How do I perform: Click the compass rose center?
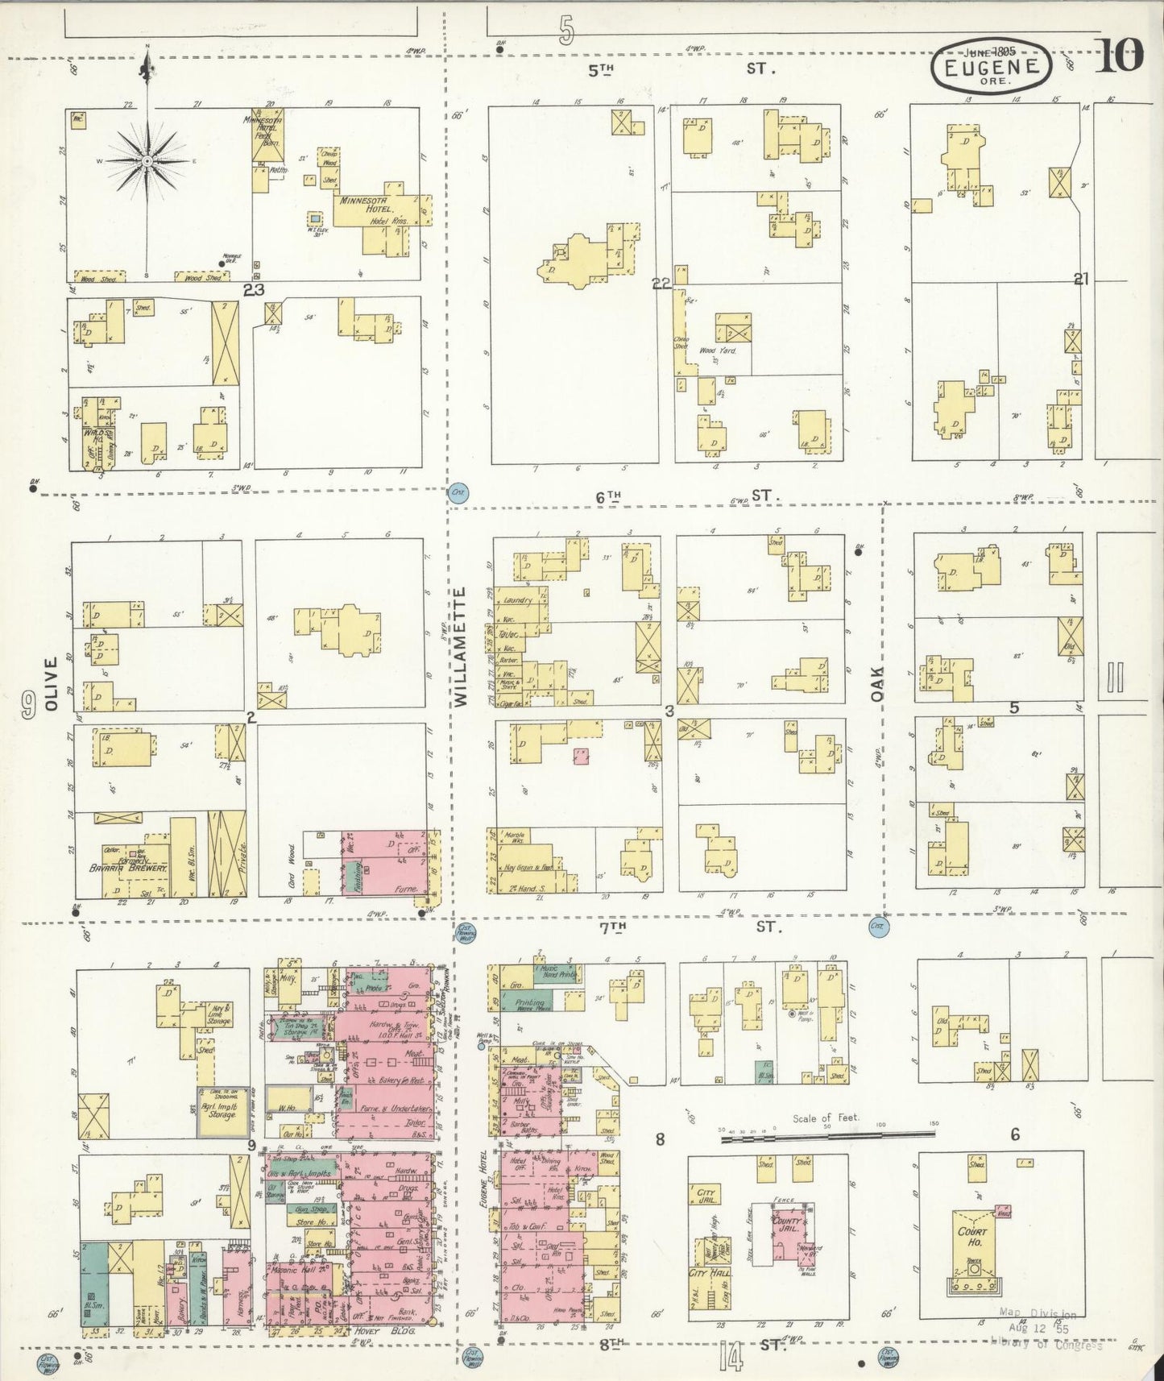(x=148, y=162)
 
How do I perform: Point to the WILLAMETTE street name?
(x=460, y=647)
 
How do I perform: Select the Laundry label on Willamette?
(x=516, y=600)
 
